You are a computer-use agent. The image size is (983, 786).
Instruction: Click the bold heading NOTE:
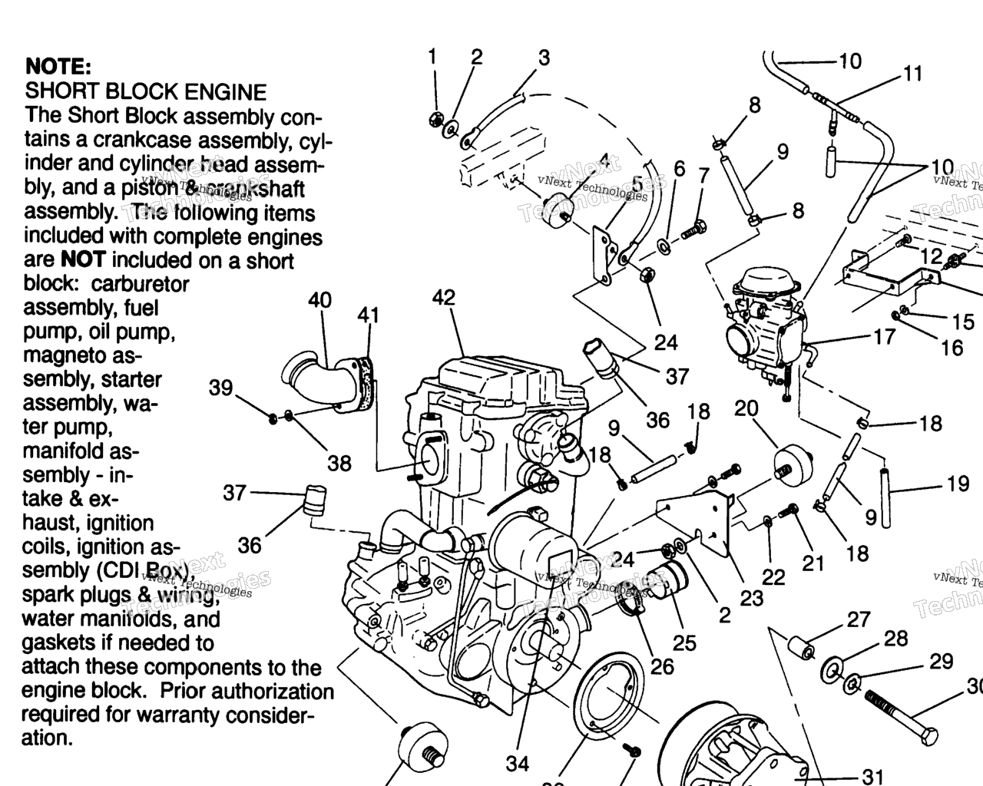coord(58,66)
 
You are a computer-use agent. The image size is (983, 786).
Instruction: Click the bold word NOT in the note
coord(82,259)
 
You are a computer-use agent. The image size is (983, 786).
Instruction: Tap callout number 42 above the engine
coord(443,298)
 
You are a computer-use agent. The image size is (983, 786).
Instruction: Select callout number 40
coord(319,299)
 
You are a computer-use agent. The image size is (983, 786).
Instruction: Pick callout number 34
coord(518,763)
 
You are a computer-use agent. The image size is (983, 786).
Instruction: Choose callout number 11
coord(912,74)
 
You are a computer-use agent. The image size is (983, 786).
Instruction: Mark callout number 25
coord(683,642)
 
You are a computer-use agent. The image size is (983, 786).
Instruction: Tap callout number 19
coord(958,484)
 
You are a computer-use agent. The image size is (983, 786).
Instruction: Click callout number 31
coord(872,776)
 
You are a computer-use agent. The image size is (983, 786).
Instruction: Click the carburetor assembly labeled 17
coord(764,319)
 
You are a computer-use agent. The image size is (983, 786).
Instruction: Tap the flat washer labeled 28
coord(832,669)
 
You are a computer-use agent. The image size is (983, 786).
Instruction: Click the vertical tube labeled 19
coord(885,498)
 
